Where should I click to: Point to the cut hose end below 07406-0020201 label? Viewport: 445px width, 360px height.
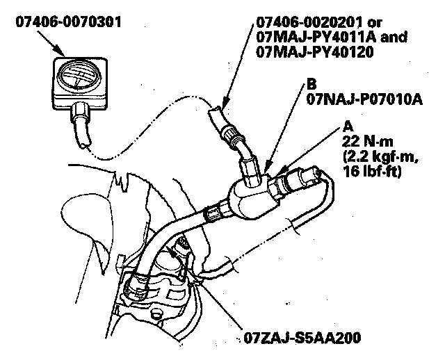216,109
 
